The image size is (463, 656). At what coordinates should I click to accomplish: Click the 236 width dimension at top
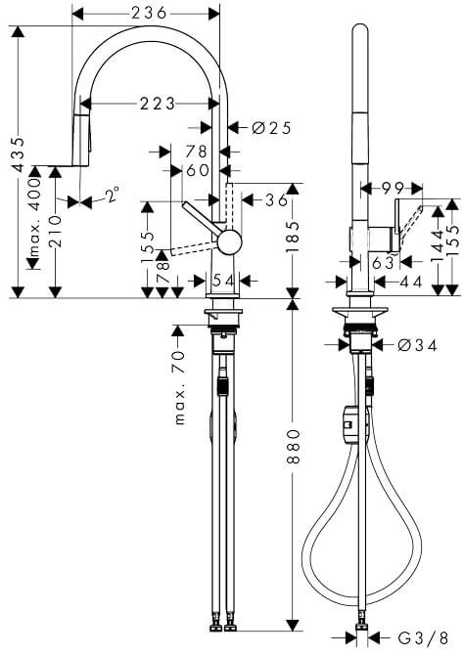[x=149, y=13]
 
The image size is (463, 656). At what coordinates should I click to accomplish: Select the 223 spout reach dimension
[x=158, y=104]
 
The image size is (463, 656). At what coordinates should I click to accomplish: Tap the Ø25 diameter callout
[x=271, y=128]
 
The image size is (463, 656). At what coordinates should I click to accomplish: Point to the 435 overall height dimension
[x=19, y=154]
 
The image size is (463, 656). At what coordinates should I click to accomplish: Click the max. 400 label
[x=34, y=217]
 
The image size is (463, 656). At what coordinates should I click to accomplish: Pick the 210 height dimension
[x=55, y=231]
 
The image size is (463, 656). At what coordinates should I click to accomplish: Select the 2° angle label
[x=112, y=195]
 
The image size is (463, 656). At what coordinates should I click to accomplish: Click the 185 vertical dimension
[x=293, y=237]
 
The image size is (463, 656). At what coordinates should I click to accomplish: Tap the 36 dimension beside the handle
[x=276, y=200]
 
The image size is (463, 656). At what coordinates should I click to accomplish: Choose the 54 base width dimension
[x=223, y=281]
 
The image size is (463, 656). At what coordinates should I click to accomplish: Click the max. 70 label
[x=179, y=387]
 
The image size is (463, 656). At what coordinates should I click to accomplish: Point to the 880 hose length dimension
[x=294, y=446]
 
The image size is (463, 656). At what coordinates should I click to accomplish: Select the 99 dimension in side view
[x=393, y=189]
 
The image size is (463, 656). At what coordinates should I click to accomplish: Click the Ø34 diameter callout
[x=417, y=345]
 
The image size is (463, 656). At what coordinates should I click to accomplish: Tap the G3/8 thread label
[x=423, y=638]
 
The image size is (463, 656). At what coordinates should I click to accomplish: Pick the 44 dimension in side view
[x=410, y=283]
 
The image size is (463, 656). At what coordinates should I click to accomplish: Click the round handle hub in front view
[x=229, y=241]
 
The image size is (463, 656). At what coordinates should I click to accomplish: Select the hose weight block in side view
[x=350, y=425]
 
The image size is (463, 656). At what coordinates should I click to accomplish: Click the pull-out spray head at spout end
[x=81, y=140]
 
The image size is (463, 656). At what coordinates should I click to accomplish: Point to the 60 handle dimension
[x=198, y=170]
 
